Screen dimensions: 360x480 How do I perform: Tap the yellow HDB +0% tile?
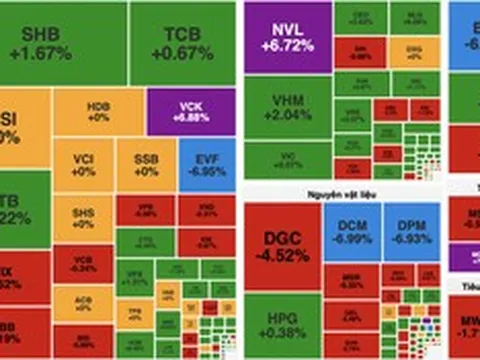click(x=98, y=111)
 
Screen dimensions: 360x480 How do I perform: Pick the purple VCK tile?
click(x=190, y=111)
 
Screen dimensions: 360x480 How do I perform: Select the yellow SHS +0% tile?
click(x=84, y=217)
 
